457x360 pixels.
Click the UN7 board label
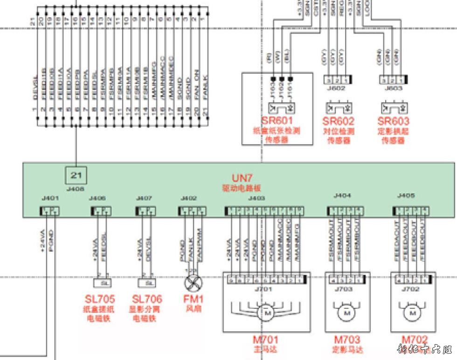[x=242, y=178]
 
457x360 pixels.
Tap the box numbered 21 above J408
[x=76, y=176]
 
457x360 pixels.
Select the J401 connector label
[x=49, y=198]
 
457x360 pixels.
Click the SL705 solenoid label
[x=100, y=299]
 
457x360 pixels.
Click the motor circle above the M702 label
[x=412, y=313]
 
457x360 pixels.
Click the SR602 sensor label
[x=339, y=121]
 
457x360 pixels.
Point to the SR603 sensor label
[x=393, y=121]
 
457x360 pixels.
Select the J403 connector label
[x=256, y=198]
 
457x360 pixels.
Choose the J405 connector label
[x=406, y=196]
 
